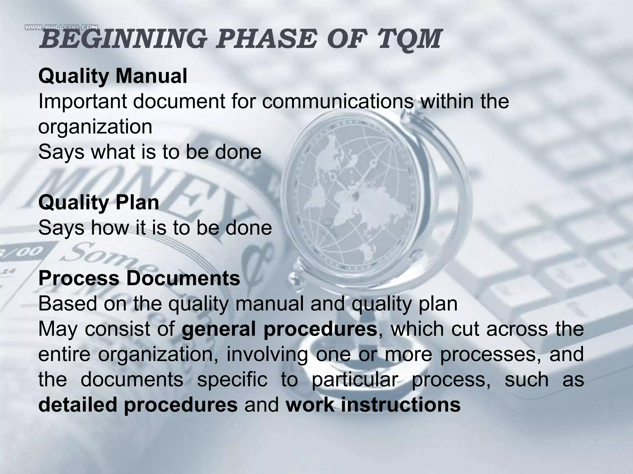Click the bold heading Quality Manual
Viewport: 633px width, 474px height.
pos(113,76)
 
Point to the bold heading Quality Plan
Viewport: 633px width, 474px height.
pos(99,202)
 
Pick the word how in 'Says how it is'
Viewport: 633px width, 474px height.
pos(110,228)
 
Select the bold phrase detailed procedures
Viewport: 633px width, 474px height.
pos(138,405)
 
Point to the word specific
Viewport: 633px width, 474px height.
pos(232,380)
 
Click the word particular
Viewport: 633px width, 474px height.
pos(354,380)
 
